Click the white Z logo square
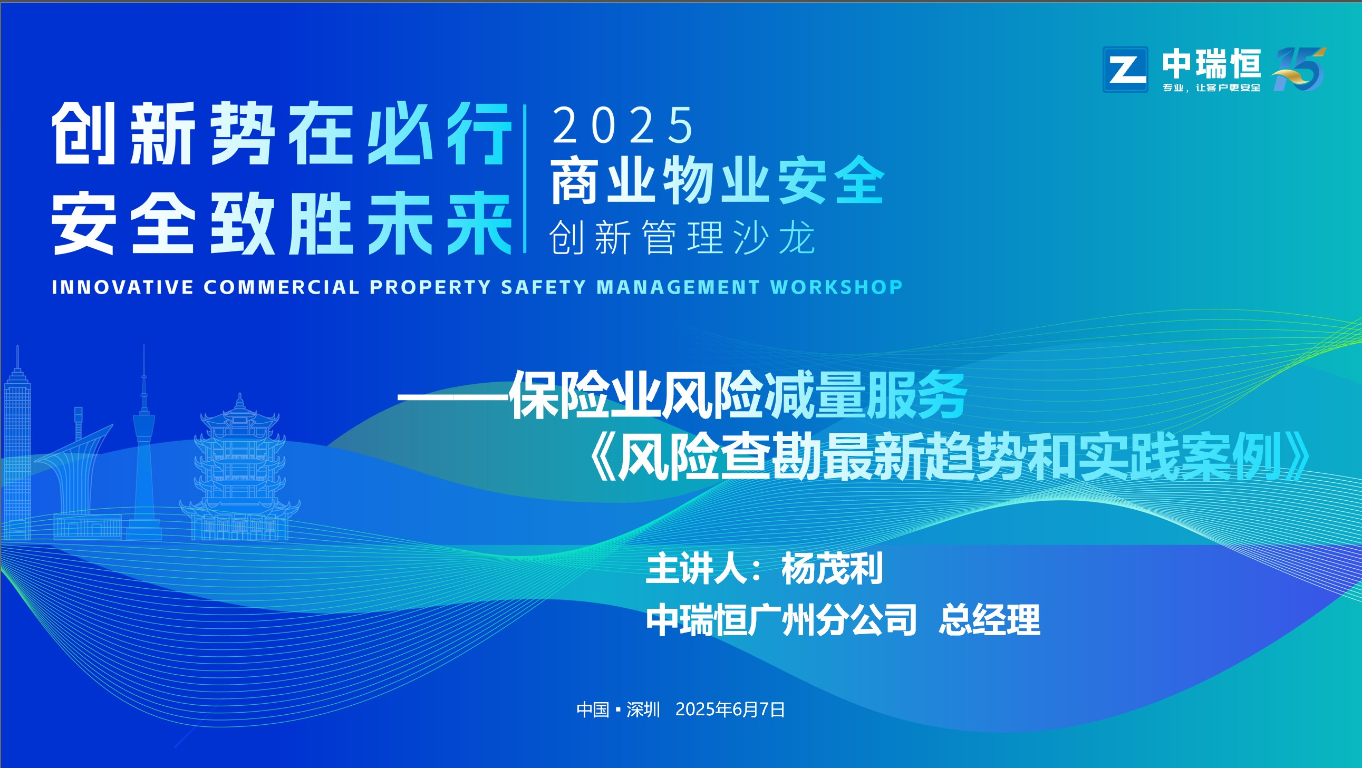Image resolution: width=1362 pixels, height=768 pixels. pyautogui.click(x=1125, y=69)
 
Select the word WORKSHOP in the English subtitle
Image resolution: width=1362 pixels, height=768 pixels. pyautogui.click(x=836, y=286)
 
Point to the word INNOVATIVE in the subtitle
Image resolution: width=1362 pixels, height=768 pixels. pyautogui.click(x=123, y=287)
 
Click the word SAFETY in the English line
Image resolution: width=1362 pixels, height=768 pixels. pyautogui.click(x=544, y=286)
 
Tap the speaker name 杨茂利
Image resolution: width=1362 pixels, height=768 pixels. pyautogui.click(x=832, y=569)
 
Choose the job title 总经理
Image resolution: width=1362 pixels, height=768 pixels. pyautogui.click(x=989, y=619)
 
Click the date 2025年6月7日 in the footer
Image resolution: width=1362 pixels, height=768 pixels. pyautogui.click(x=730, y=709)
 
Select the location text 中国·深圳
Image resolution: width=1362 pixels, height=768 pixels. pyautogui.click(x=618, y=709)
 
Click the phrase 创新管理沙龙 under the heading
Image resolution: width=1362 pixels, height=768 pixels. pyautogui.click(x=682, y=238)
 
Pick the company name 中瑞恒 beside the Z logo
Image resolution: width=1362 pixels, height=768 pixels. pyautogui.click(x=1211, y=64)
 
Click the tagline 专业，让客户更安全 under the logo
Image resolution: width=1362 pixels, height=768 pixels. pyautogui.click(x=1211, y=88)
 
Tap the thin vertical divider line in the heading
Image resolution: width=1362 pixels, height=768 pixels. pyautogui.click(x=525, y=179)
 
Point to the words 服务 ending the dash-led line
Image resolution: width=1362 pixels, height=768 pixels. pyautogui.click(x=916, y=395)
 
